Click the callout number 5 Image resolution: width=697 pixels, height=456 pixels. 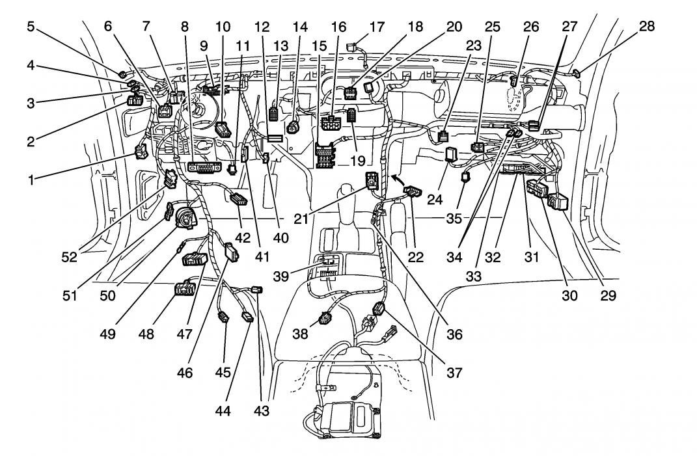click(31, 27)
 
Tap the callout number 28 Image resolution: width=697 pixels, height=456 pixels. click(647, 27)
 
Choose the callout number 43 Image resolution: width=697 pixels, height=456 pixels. click(263, 411)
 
